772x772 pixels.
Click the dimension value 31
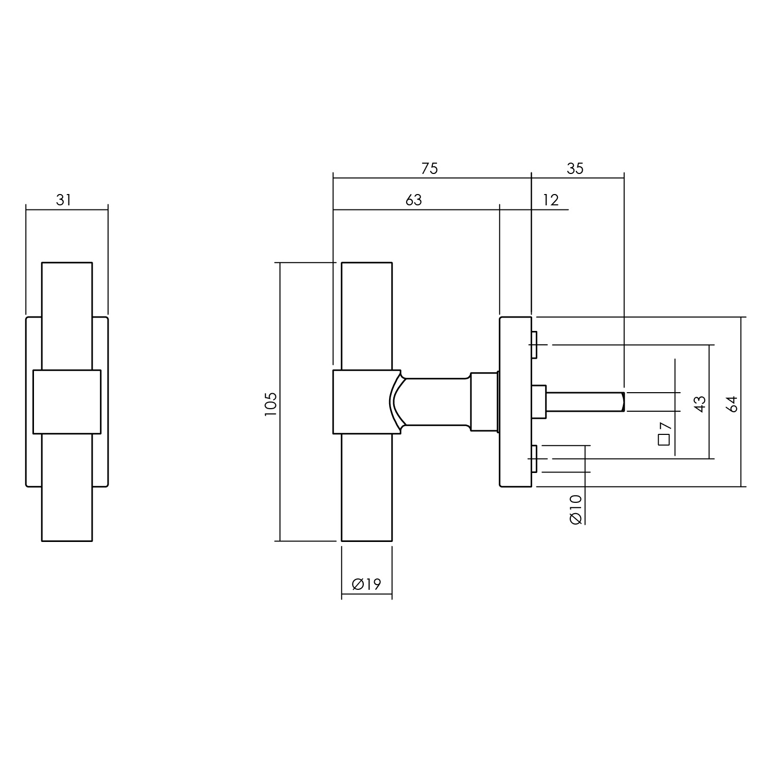pos(63,200)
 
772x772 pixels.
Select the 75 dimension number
pos(429,168)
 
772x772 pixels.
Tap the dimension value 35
pos(575,168)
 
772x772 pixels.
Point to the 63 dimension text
pos(413,200)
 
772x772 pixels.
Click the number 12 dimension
pos(551,200)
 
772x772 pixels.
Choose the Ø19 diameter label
pos(366,584)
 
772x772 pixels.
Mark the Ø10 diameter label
pos(576,509)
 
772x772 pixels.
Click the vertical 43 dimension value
pos(699,404)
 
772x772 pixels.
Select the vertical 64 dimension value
pos(732,404)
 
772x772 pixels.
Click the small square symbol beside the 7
pos(663,440)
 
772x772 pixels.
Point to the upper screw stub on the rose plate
pos(535,344)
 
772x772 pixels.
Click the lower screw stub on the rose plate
pos(535,459)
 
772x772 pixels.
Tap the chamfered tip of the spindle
pos(623,402)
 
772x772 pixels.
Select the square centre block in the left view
pos(67,401)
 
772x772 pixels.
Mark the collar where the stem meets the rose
pos(484,401)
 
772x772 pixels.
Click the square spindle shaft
pos(584,402)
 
